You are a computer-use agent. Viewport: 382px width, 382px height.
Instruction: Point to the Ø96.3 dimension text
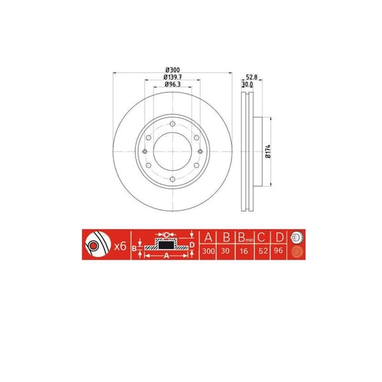tap(172, 84)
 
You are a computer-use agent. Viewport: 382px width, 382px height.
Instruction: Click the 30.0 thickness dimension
tap(248, 83)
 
